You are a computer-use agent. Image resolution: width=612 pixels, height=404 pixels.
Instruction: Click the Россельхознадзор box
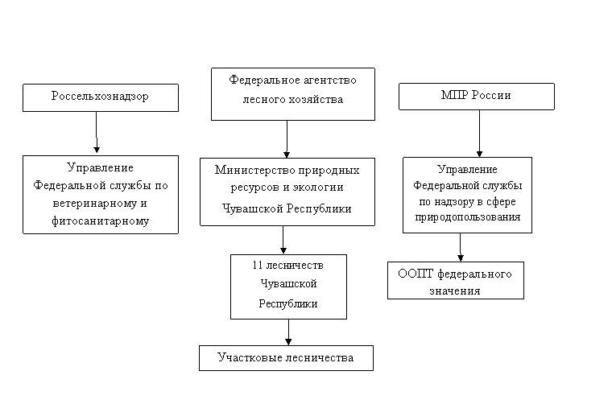[101, 97]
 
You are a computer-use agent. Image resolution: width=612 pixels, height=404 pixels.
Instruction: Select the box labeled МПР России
[477, 97]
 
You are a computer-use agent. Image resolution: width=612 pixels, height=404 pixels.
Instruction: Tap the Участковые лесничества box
[286, 358]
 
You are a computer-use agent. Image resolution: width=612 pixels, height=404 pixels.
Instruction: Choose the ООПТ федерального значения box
[456, 280]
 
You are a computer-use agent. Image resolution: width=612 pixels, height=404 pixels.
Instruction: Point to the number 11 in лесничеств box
[257, 265]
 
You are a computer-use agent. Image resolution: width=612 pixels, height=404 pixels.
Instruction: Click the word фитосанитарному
[101, 221]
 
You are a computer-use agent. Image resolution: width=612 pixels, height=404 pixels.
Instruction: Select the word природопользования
[468, 217]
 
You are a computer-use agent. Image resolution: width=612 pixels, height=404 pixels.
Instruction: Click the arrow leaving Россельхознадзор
[97, 132]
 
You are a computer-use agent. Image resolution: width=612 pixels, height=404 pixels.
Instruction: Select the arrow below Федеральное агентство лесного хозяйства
[287, 139]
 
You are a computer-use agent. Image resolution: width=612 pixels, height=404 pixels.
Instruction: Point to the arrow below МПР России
[479, 134]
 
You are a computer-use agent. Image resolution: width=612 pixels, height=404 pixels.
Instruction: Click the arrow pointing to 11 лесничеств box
[283, 240]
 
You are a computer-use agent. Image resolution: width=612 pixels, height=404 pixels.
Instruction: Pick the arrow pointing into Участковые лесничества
[288, 332]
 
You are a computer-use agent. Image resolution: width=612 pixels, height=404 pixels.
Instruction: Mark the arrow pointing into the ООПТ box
[461, 247]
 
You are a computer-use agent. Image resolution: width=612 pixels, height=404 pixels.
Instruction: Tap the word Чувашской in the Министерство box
[253, 208]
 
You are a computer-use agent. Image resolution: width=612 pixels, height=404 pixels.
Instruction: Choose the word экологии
[319, 188]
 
